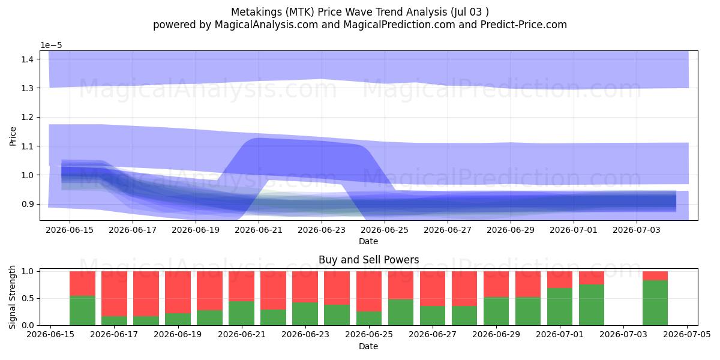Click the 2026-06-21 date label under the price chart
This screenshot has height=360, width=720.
coord(259,230)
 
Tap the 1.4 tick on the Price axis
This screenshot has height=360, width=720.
coord(28,59)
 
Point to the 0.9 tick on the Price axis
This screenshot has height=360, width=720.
coord(28,204)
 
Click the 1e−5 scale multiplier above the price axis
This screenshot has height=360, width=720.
coord(51,46)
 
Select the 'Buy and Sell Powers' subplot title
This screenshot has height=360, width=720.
coord(368,260)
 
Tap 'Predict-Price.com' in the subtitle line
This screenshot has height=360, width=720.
coord(524,25)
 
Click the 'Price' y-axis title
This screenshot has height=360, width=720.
coord(13,136)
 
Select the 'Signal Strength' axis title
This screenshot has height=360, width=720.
coord(12,297)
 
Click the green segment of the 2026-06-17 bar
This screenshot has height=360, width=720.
coord(114,321)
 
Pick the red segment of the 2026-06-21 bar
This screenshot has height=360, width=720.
coord(241,286)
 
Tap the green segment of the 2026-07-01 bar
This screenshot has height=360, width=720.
coord(560,307)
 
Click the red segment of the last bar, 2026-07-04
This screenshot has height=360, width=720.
coord(655,276)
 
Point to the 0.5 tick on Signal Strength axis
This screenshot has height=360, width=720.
coord(28,298)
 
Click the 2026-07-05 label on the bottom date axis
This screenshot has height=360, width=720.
coord(687,335)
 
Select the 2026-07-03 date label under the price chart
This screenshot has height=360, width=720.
coord(637,230)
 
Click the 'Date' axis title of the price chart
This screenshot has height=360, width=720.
coord(368,241)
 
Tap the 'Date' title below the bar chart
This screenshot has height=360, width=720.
coord(368,346)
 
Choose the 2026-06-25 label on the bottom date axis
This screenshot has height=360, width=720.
coord(369,335)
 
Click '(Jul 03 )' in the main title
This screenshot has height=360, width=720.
coord(470,12)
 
